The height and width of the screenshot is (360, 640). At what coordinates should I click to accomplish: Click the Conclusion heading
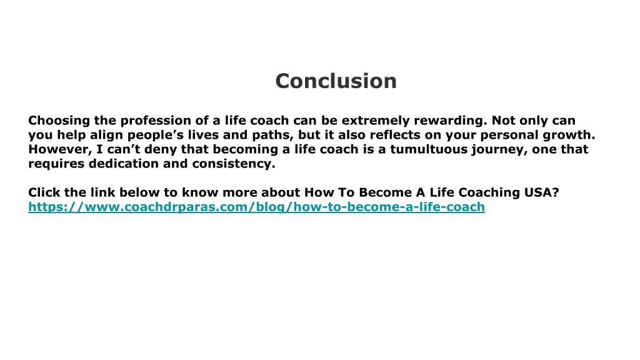point(336,81)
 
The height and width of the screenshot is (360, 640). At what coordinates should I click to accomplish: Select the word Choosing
point(59,121)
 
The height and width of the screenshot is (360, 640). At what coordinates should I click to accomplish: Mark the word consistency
point(234,164)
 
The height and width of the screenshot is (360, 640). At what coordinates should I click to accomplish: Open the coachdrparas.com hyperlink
point(256,206)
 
